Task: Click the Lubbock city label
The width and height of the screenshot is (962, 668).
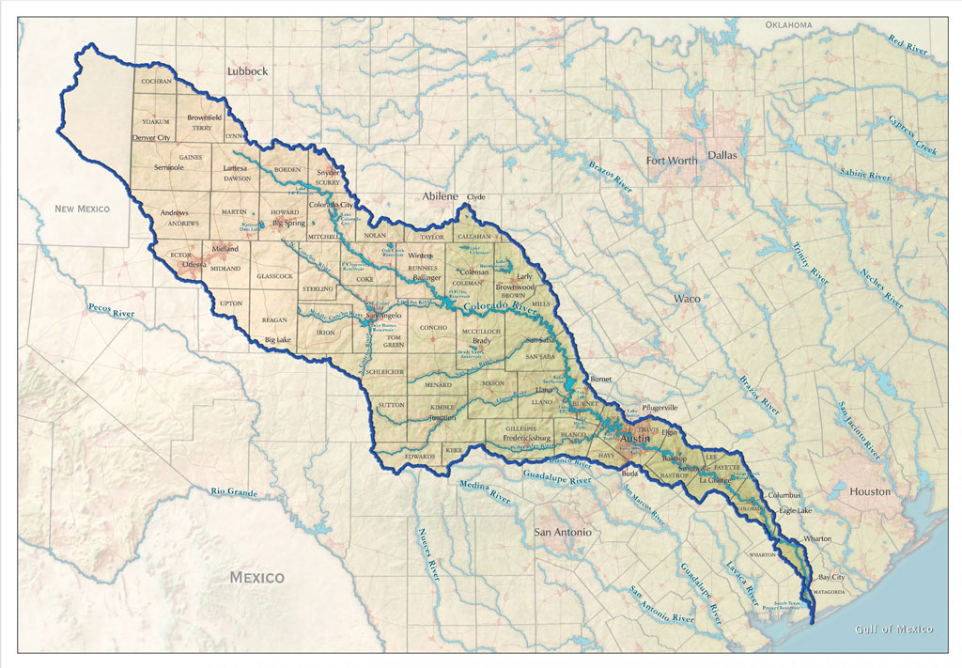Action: click(x=248, y=71)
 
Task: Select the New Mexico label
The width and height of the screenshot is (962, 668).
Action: click(x=82, y=209)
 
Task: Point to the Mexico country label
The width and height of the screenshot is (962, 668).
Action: click(x=257, y=577)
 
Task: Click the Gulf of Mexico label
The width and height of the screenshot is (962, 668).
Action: click(x=893, y=629)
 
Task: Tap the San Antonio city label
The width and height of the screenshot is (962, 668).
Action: click(x=563, y=533)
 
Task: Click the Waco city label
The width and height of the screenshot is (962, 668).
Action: click(x=687, y=299)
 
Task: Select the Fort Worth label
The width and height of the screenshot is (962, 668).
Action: click(x=672, y=161)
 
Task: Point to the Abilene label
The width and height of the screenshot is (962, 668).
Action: click(x=440, y=196)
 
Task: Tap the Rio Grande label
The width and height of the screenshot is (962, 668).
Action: click(x=234, y=491)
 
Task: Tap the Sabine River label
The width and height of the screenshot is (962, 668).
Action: click(x=865, y=175)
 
